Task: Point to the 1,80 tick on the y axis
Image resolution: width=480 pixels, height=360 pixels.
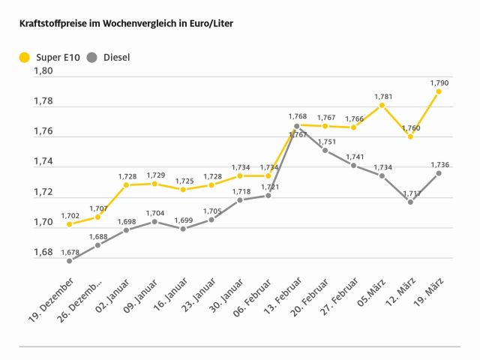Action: click(43, 71)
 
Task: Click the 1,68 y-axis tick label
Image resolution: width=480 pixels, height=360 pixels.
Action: click(43, 252)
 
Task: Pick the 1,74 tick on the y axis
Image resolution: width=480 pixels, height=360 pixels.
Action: click(43, 161)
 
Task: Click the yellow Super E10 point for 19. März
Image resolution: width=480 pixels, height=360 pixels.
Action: click(439, 91)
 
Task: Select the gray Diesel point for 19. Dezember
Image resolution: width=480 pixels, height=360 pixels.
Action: click(69, 260)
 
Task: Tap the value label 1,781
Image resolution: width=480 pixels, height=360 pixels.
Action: click(382, 96)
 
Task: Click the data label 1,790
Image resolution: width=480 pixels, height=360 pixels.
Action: click(439, 82)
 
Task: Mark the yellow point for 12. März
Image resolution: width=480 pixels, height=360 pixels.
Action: click(410, 136)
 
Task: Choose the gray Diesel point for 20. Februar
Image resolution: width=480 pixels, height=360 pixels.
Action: click(325, 150)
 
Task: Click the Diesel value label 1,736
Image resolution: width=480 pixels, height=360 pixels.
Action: click(439, 163)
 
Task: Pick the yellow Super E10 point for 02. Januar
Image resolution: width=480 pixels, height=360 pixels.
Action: click(126, 184)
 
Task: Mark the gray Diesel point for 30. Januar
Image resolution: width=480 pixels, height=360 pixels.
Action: click(239, 200)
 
